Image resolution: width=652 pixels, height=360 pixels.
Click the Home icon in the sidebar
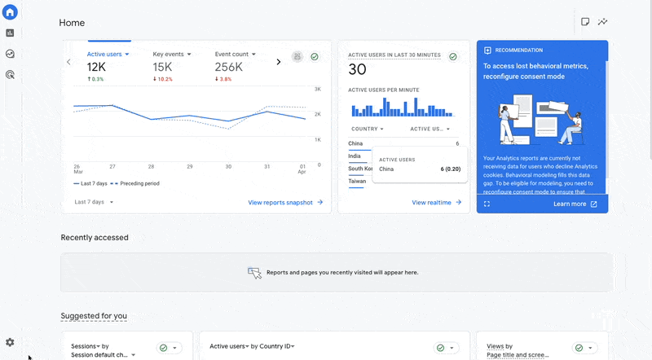coord(10,12)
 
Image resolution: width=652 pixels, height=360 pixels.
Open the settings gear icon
coord(10,342)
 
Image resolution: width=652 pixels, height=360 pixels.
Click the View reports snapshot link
coord(285,202)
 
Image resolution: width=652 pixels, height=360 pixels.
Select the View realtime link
coord(437,202)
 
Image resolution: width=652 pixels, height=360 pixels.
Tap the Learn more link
coord(575,204)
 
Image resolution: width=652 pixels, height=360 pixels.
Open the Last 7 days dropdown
coord(94,202)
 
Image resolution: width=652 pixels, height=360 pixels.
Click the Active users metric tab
coord(107,55)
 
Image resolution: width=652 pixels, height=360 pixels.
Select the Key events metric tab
coord(171,55)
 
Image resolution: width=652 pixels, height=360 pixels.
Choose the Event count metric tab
coord(235,55)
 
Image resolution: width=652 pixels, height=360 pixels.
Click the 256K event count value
coord(230,68)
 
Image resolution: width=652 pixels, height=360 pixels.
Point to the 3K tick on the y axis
coord(318,88)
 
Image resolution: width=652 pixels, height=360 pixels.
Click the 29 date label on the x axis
coord(190,166)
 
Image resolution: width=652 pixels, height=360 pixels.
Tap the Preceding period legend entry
coord(139,184)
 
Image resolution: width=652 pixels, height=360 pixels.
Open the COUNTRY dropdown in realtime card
coord(367,129)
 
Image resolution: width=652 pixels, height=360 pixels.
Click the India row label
coord(355,156)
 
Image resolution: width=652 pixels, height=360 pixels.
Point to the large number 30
coord(357,70)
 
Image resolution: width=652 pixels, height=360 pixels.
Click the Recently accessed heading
coord(95,238)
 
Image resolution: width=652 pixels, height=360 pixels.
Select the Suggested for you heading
coord(94,316)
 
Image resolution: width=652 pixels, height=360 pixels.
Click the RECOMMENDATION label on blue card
coord(519,50)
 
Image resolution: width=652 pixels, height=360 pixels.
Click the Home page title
coord(72,23)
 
